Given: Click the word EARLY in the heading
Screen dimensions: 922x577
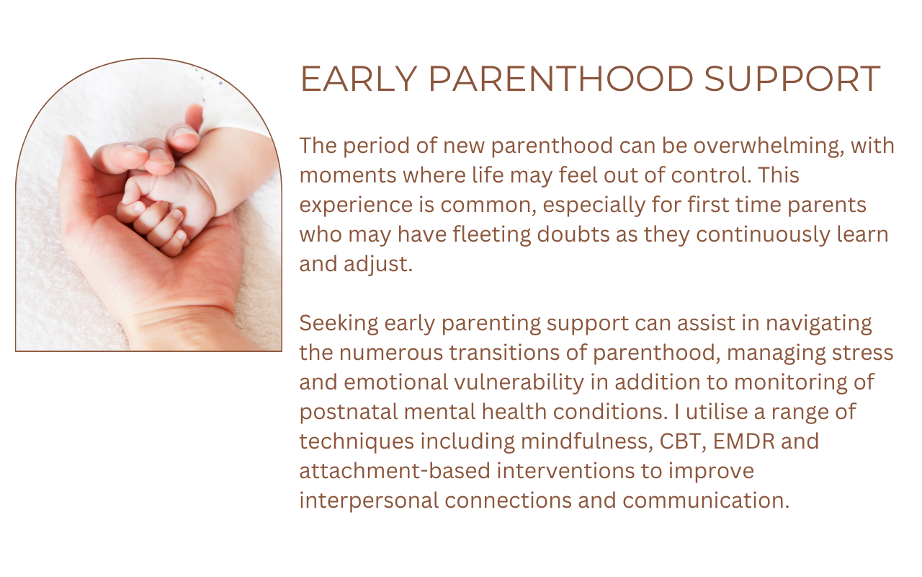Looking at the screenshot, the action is click(359, 79).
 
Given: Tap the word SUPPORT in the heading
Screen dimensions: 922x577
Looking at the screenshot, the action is click(792, 79).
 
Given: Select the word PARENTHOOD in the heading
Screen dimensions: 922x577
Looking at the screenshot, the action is click(561, 79).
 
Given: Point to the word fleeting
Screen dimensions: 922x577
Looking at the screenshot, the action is click(492, 234).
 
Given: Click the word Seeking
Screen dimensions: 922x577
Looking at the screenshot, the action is click(339, 324).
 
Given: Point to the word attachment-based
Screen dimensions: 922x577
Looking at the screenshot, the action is click(395, 471).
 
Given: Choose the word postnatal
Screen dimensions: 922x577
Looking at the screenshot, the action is click(349, 412).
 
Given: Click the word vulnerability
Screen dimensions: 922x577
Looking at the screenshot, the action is click(519, 382).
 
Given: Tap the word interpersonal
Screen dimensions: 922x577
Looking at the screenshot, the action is click(369, 501).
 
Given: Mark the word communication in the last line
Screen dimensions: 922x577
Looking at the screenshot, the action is click(706, 501).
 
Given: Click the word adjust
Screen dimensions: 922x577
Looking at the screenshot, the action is click(378, 265).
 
